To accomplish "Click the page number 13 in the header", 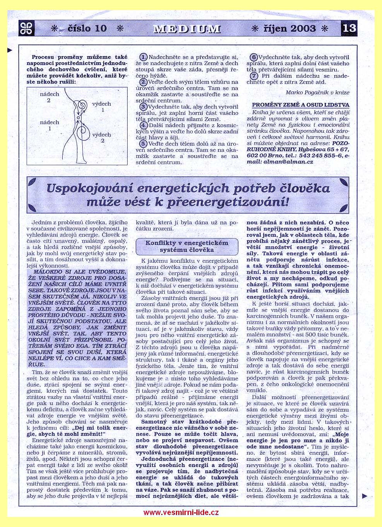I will click(349, 28).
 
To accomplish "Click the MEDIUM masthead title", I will click(187, 29).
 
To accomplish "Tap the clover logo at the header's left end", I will click(26, 28).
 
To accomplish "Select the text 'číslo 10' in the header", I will click(87, 28).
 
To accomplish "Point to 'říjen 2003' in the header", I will click(290, 28).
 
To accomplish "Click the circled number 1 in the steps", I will click(143, 57).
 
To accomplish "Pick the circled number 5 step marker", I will click(143, 144).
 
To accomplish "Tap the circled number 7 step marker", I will click(254, 76).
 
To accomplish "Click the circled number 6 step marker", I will click(254, 57).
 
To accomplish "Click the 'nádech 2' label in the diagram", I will click(49, 97).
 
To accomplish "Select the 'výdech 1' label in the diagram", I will click(102, 107).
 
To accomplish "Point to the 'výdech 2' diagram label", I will click(102, 138).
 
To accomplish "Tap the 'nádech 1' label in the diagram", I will click(49, 125).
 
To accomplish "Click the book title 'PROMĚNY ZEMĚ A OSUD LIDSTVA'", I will click(300, 105).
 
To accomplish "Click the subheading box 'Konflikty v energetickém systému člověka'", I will click(187, 246).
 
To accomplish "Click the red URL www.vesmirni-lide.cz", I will click(181, 513).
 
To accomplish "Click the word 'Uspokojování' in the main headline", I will click(89, 188).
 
